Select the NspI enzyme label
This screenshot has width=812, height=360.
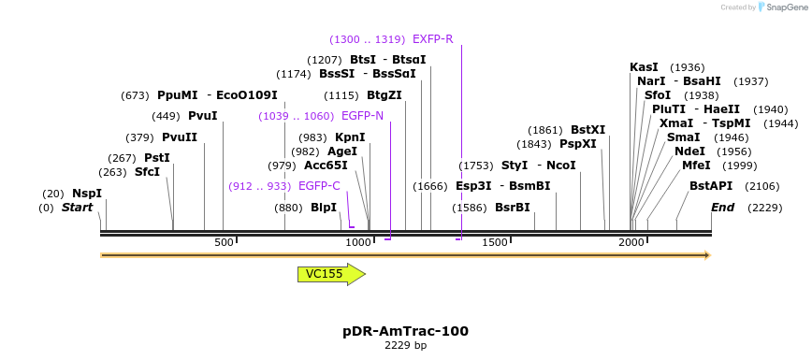pos(86,194)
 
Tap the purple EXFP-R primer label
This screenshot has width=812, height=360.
pos(432,39)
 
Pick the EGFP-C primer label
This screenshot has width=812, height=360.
pos(319,186)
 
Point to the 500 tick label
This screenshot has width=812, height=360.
pos(224,243)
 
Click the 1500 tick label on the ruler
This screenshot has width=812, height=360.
pos(495,243)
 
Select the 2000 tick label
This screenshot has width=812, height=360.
pos(631,243)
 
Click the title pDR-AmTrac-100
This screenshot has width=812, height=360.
pos(405,331)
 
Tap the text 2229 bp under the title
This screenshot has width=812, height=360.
pos(405,346)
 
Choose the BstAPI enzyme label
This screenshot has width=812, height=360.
pos(711,186)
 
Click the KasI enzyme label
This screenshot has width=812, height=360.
pos(644,67)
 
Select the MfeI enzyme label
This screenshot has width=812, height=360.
pos(696,166)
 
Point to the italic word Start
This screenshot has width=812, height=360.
pos(77,208)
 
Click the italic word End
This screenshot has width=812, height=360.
pos(722,208)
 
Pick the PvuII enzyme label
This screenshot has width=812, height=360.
pos(180,137)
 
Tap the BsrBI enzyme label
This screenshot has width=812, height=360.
pos(512,208)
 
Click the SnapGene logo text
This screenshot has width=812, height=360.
pos(784,7)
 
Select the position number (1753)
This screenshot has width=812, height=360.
pos(475,166)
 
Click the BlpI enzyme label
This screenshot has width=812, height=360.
pos(324,208)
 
